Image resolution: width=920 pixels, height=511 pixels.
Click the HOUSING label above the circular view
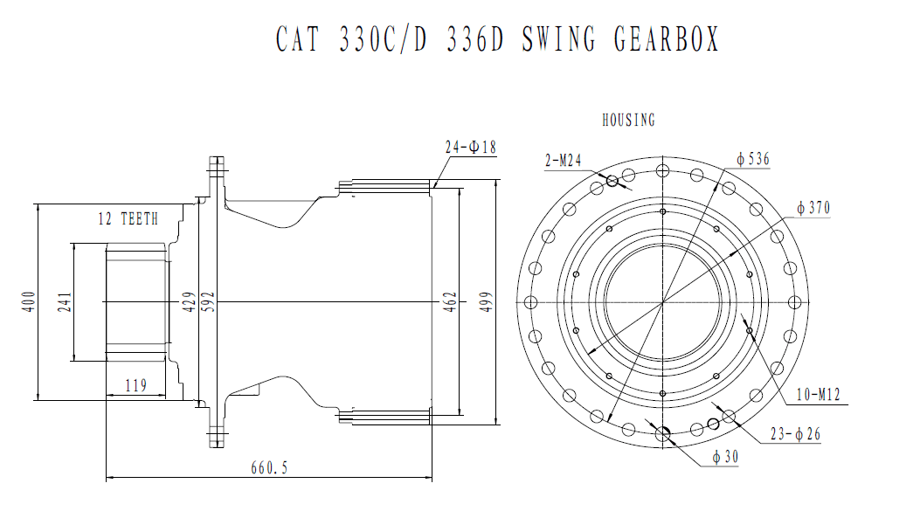(x=628, y=121)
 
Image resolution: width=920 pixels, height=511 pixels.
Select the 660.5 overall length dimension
(x=268, y=468)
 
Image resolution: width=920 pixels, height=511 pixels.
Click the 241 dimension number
(x=66, y=302)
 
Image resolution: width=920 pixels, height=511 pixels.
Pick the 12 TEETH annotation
(x=128, y=219)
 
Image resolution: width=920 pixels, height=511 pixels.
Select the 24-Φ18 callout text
(x=470, y=148)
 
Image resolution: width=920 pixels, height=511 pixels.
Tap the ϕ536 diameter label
(x=753, y=159)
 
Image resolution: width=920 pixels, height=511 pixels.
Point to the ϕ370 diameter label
(x=813, y=208)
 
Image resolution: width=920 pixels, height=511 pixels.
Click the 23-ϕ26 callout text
(x=796, y=434)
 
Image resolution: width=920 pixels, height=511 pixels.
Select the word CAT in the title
(x=301, y=39)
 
